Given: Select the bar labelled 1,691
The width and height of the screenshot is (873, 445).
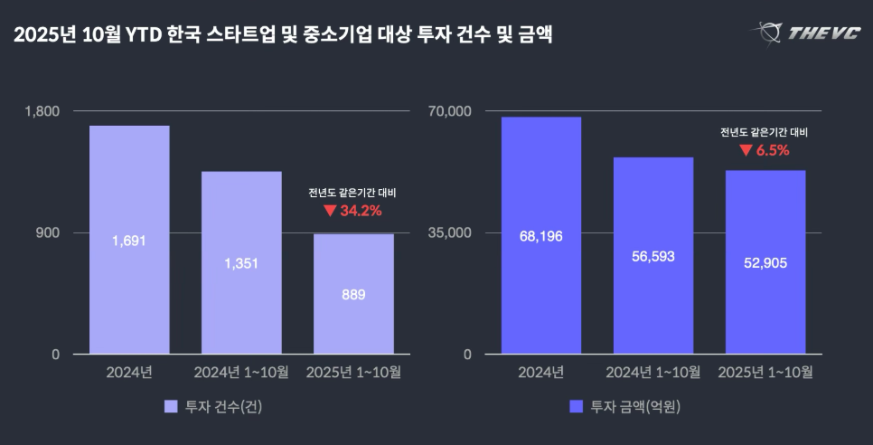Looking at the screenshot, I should click(129, 240).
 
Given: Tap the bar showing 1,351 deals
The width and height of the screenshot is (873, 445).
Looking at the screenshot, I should click(241, 262).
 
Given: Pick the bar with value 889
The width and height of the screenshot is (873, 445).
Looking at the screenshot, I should click(353, 294).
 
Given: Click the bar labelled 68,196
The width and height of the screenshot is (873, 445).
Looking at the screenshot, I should click(541, 235).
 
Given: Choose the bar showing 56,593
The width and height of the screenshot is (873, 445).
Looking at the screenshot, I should click(653, 255).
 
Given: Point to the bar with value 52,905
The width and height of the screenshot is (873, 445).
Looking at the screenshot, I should click(765, 262).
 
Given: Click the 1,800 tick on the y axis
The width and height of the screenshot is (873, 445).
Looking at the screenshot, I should click(42, 111).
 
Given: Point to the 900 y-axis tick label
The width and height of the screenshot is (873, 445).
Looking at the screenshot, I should click(48, 232).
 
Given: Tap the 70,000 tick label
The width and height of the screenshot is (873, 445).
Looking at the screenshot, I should click(455, 111).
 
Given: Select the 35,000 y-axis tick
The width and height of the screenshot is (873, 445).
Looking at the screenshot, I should click(455, 232).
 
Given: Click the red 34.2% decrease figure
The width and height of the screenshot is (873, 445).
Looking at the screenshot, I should click(361, 211).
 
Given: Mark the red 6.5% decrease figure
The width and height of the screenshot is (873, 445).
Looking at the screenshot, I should click(773, 150).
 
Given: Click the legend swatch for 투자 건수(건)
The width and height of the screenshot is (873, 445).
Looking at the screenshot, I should click(171, 406).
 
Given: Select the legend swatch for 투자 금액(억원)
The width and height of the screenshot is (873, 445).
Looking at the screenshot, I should click(576, 406).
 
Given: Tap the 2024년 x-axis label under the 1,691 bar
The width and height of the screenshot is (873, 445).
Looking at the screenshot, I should click(129, 372).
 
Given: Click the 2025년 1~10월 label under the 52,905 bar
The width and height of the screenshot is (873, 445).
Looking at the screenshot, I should click(765, 372).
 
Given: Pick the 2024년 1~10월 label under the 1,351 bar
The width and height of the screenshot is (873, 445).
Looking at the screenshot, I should click(241, 372).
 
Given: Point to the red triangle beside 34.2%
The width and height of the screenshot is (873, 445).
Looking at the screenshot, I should click(329, 211).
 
